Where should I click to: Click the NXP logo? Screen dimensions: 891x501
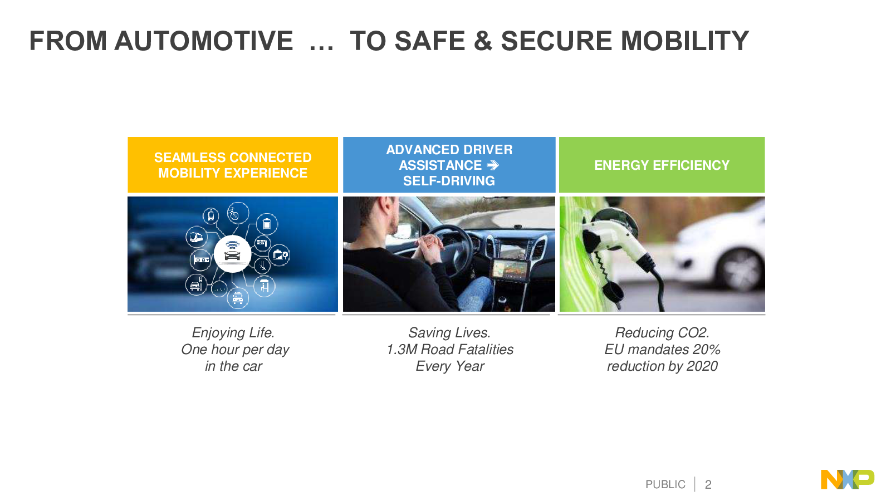coord(847,479)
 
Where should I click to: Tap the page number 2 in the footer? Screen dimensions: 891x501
coord(708,484)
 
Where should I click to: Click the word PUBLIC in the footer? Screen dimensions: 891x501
coord(665,484)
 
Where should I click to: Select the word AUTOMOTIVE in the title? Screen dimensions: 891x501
coord(204,41)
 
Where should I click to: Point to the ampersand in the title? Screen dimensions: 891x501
coord(483,41)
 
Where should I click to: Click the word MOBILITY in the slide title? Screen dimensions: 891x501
coord(684,41)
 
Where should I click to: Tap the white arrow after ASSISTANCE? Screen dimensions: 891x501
coord(493,165)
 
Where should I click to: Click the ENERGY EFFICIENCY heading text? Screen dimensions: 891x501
coord(662,165)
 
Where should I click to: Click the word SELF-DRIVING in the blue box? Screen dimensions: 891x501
coord(449,181)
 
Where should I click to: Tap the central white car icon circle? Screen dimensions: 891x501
coord(232,254)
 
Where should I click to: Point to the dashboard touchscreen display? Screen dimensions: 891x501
coord(510,271)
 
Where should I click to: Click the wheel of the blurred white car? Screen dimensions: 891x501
coord(740,271)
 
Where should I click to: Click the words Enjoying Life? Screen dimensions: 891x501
coord(233,333)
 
